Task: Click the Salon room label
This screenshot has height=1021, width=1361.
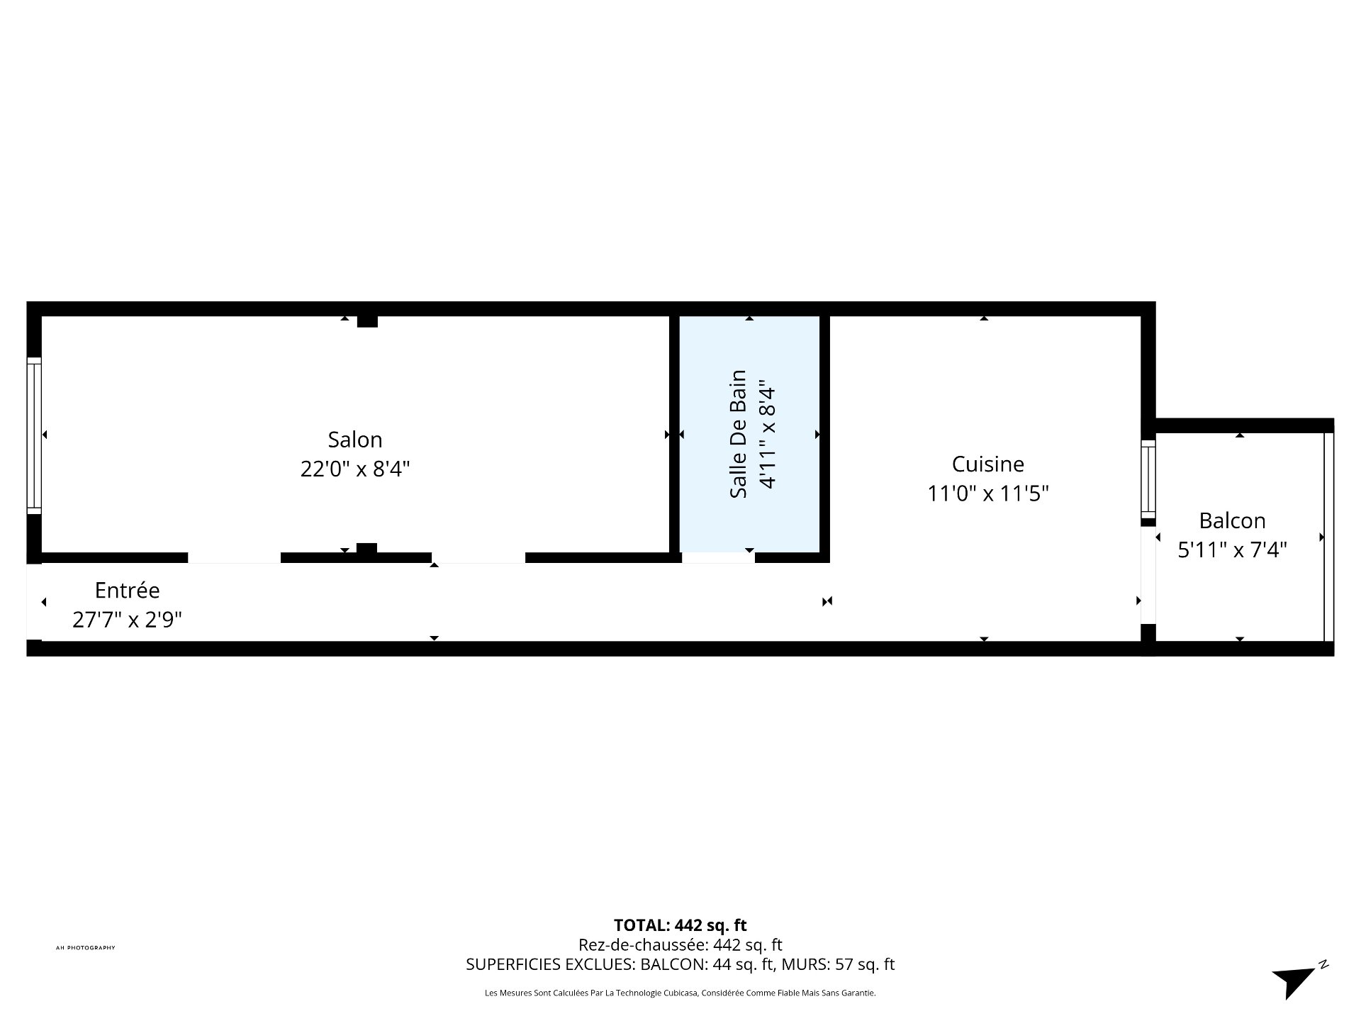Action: tap(355, 440)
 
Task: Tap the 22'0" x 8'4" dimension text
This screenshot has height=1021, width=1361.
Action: tap(355, 469)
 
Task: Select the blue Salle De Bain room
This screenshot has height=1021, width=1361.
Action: tap(749, 433)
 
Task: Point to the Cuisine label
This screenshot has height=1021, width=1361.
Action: tap(988, 464)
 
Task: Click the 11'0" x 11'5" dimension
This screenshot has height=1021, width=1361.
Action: tap(988, 493)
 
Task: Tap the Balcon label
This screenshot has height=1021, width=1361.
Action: tap(1232, 520)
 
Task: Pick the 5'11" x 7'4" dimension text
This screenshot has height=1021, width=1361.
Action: tap(1232, 549)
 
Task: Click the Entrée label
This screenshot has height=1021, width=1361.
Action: tap(128, 590)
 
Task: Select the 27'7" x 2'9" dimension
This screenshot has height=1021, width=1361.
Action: tap(128, 620)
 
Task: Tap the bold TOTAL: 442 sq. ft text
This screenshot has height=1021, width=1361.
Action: tap(680, 925)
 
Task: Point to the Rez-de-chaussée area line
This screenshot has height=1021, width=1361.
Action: tap(680, 944)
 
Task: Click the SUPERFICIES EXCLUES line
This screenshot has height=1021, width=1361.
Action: tap(680, 964)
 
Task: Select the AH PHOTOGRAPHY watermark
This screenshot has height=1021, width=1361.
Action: tap(86, 948)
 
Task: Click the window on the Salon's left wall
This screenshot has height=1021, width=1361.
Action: tap(34, 435)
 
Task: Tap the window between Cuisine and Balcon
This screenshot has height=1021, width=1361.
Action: tap(1148, 479)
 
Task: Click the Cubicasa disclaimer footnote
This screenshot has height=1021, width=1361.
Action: tap(680, 993)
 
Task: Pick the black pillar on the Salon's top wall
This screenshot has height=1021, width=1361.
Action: tap(367, 321)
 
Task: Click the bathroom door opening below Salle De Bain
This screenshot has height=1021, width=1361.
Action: tap(718, 557)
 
